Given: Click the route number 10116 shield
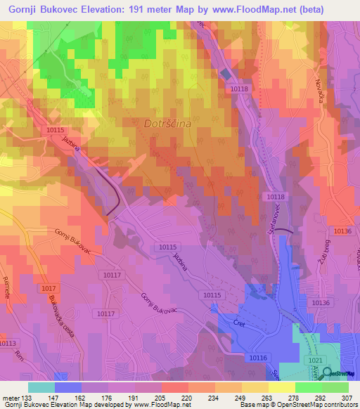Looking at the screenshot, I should pos(257,358).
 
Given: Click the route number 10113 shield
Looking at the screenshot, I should pos(7,342).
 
